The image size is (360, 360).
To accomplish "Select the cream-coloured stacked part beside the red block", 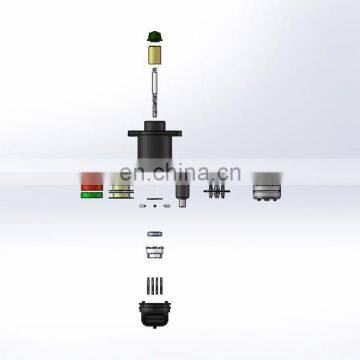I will pos(121,189).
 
